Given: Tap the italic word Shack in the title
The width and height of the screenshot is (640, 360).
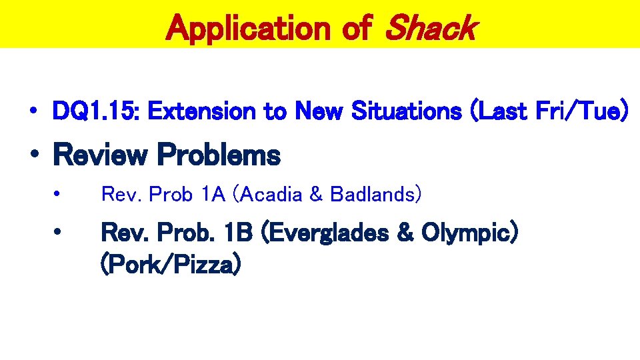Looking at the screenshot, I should point(430,28).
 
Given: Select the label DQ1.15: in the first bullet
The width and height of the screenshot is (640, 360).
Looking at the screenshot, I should point(96,112).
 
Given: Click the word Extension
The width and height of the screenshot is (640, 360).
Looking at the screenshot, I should point(202,112).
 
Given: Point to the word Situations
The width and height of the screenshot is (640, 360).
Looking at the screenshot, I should point(407,112).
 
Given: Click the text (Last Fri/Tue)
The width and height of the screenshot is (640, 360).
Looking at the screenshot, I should point(549,112).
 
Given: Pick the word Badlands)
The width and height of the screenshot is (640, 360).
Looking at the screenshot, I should point(376,194).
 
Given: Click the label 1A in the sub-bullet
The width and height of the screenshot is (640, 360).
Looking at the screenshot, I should point(215,194).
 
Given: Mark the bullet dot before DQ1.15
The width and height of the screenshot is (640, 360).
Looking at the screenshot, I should point(32,112).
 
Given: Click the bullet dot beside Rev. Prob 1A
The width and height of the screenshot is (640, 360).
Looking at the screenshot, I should point(59,194).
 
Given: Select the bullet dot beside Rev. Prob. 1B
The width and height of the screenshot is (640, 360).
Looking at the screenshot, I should point(59,233).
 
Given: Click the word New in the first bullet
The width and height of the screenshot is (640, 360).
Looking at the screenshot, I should point(319,112).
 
